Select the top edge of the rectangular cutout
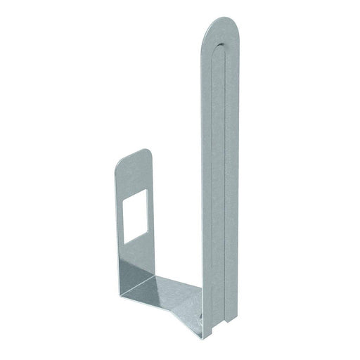(135, 188)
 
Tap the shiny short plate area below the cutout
(134, 260)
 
